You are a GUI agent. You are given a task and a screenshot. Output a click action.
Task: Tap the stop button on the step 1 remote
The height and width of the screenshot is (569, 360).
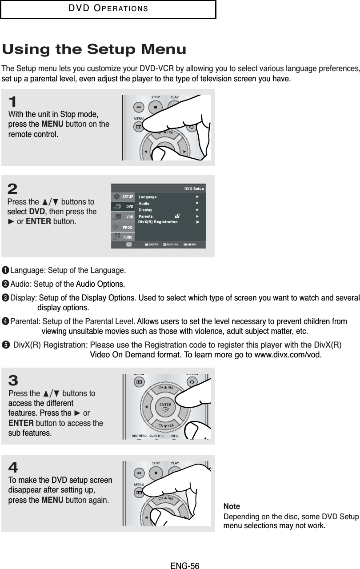[x=155, y=107]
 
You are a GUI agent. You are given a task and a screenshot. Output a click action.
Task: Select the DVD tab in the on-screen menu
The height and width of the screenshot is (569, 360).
[x=129, y=206]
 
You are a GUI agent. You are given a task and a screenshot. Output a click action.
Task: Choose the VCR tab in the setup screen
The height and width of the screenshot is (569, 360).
[x=129, y=216]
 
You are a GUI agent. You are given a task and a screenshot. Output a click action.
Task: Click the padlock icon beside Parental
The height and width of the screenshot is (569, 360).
[x=177, y=216]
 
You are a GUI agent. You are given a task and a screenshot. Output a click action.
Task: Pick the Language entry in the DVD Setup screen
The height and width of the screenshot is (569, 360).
[x=148, y=196]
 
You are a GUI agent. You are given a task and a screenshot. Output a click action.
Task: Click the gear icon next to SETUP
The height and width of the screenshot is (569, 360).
[x=116, y=196]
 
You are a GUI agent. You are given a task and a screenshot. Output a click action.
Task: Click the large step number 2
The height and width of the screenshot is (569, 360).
[x=12, y=189]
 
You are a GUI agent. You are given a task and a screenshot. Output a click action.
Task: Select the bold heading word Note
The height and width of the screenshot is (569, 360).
[x=232, y=507]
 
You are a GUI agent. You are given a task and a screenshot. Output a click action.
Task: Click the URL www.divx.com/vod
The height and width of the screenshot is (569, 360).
[x=286, y=355]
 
